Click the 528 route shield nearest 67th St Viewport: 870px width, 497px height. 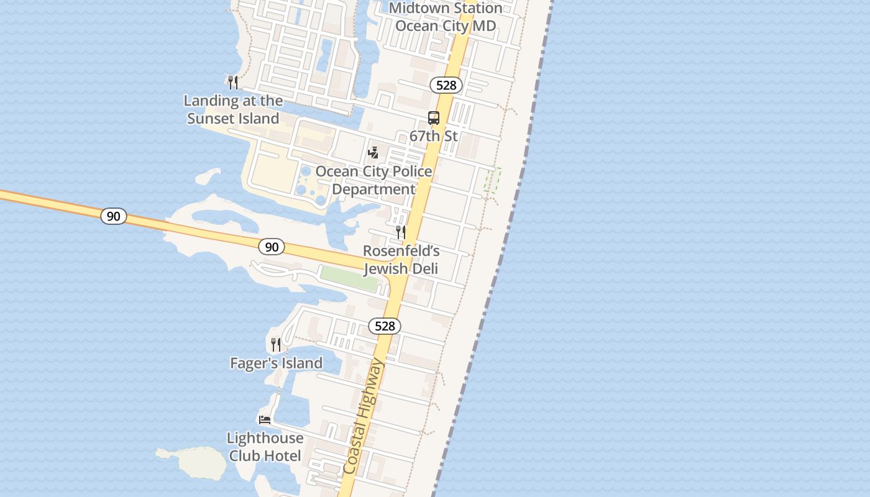446,85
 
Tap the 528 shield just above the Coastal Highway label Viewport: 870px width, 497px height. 385,326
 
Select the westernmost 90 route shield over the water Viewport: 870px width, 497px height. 113,216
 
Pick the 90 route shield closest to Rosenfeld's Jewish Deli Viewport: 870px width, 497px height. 272,247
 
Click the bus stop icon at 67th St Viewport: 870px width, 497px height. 434,118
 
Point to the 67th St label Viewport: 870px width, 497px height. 434,135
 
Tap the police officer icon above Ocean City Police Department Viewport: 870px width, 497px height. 373,152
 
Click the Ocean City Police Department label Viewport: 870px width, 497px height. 373,180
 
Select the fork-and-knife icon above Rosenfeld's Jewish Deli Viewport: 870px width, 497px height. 401,232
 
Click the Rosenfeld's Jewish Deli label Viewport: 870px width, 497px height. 401,260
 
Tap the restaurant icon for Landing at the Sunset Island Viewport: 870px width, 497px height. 233,82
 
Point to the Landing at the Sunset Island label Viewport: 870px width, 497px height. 233,109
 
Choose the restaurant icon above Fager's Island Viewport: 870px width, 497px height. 276,344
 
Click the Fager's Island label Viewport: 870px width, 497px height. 277,363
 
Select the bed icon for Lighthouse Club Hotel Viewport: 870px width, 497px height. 265,419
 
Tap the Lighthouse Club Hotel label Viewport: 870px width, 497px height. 265,447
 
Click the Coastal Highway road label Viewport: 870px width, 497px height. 364,416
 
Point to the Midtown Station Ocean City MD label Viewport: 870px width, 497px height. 446,17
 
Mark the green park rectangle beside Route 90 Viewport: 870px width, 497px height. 349,278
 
